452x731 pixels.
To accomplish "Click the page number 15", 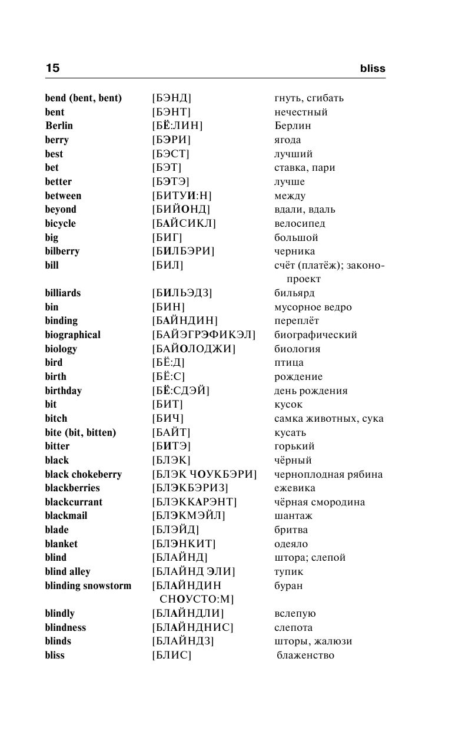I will [52, 68].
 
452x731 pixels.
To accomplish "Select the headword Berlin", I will [59, 125].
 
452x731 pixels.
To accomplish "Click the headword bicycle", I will [60, 223].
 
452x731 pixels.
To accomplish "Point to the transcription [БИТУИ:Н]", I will [181, 196].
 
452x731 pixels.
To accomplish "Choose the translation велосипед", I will [300, 223].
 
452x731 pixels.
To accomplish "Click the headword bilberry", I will [62, 251].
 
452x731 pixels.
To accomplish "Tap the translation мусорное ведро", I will [313, 307].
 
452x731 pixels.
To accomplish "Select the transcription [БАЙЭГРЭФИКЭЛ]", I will [204, 335].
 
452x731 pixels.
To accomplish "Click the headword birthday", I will [63, 391].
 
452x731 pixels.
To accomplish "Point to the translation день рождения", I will [311, 391].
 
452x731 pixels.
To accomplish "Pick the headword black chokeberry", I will [83, 474].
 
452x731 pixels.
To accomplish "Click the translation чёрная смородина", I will [319, 502].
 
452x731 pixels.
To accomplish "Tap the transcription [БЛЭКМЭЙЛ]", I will [188, 515].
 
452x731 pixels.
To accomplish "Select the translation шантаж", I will [293, 515].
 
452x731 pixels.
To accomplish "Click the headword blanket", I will [61, 544].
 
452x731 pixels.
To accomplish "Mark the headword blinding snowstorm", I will [88, 586].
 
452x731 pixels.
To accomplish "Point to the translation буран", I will [288, 586].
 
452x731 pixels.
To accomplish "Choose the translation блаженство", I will [305, 655].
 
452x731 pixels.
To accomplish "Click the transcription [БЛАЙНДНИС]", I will [192, 627].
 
